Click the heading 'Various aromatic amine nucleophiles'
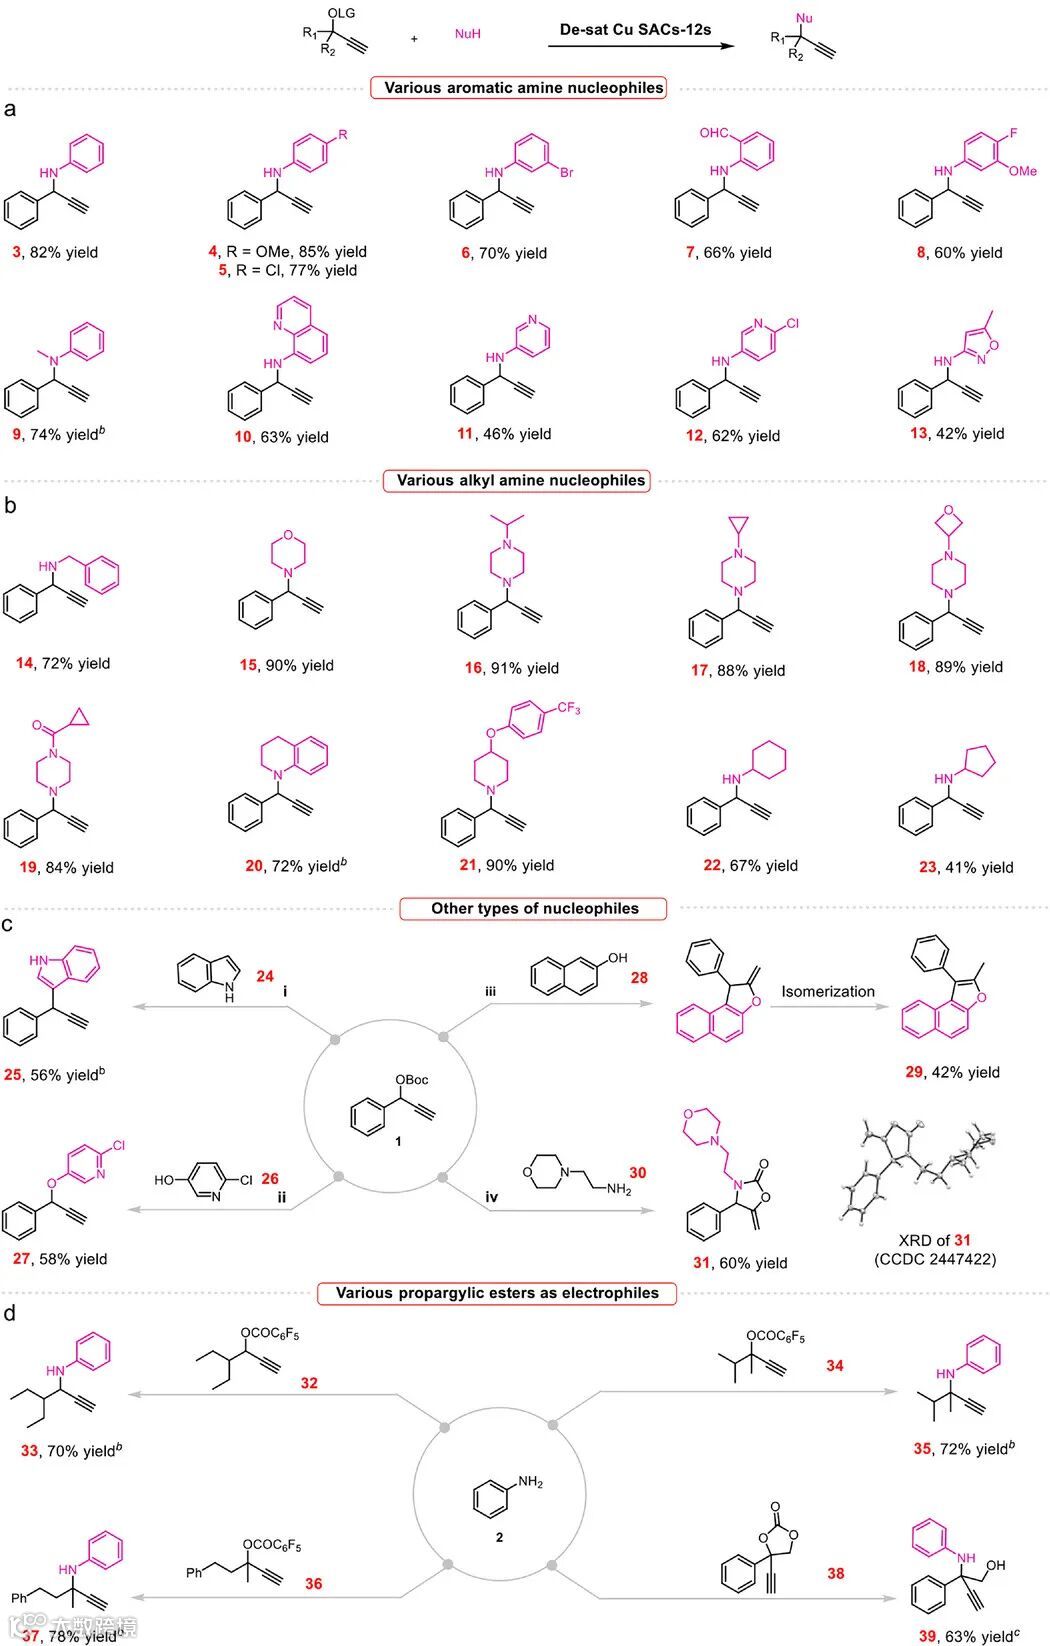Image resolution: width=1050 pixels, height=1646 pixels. pos(523,88)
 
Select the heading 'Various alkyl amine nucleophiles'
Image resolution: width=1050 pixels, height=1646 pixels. pos(520,480)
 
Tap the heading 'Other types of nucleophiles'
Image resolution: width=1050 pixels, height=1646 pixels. pos(534,908)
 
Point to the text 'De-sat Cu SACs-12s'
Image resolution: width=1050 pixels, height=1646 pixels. pos(635,30)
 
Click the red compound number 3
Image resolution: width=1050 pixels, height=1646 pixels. pos(16,252)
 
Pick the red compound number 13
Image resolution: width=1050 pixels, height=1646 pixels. pos(918,433)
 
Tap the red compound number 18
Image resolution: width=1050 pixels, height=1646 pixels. pos(917,667)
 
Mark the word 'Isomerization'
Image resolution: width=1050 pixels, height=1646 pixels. pos(827,991)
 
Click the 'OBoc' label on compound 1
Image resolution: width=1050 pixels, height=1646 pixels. pos(411,1080)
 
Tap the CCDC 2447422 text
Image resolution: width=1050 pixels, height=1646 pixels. pos(935,1259)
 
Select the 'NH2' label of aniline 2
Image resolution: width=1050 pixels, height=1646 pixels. pos(530,1482)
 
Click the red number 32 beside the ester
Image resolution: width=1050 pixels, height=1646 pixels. pos(309,1383)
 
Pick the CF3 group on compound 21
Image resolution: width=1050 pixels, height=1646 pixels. pos(568,709)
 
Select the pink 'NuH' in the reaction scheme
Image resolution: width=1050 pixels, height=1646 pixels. pos(467,34)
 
